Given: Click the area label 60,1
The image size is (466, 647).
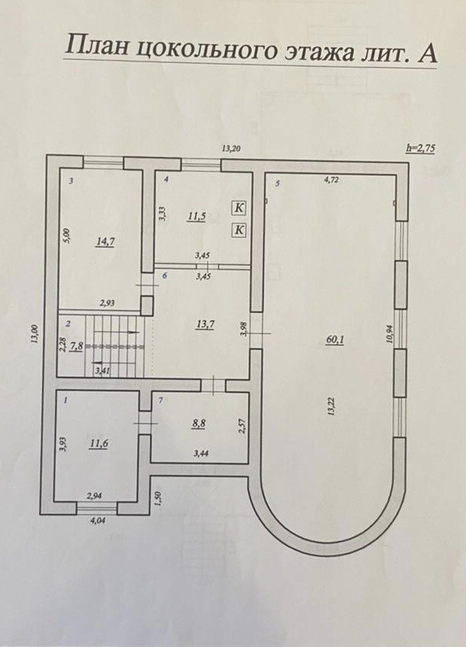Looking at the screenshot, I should pos(336,340).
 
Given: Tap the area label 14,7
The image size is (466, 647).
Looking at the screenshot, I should pos(105,242).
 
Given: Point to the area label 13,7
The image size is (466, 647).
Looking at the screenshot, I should pos(204,324).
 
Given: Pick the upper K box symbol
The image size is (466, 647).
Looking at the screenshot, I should pos(238,207).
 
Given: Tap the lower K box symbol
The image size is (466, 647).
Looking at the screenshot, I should pos(238,228).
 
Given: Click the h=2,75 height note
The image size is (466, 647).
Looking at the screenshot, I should pos(420,148).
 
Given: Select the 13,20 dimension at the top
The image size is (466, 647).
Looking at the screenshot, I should pos(231,149).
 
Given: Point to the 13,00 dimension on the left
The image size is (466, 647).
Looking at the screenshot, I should pos(34,336).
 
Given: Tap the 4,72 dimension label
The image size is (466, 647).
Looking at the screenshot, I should pos(331,180).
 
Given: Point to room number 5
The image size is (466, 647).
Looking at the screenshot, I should pos(278,183).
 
